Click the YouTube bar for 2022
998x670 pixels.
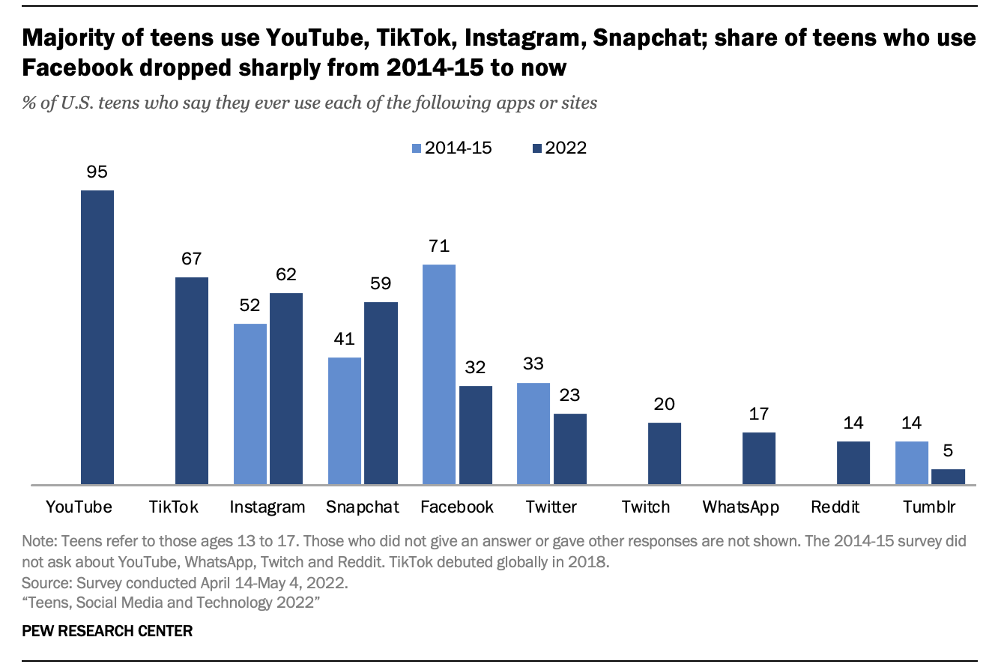click(x=97, y=337)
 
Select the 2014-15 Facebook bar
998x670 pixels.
click(x=439, y=375)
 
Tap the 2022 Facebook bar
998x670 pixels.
click(x=476, y=435)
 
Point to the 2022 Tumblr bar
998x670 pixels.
click(x=949, y=477)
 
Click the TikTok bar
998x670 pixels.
click(x=192, y=381)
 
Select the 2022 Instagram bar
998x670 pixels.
click(x=286, y=389)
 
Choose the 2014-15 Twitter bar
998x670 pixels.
click(x=533, y=434)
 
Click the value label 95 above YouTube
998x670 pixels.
click(x=97, y=172)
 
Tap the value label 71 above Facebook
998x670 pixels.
click(x=439, y=246)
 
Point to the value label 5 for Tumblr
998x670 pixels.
click(x=949, y=452)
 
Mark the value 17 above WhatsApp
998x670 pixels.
click(x=759, y=414)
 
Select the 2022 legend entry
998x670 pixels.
click(x=558, y=148)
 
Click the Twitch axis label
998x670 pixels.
click(x=646, y=507)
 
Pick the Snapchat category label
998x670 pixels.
click(x=363, y=507)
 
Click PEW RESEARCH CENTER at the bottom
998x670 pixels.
click(x=107, y=631)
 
